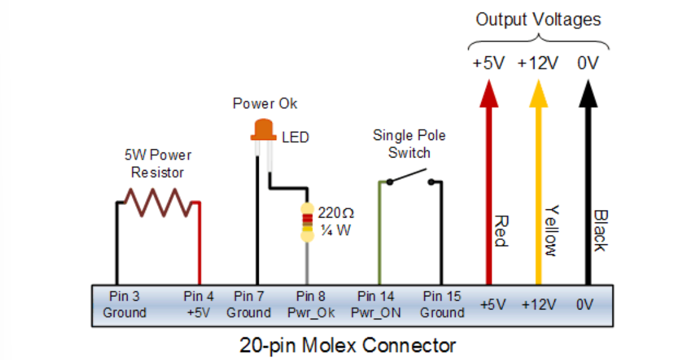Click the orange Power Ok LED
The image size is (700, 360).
[262, 129]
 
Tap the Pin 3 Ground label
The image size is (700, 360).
[124, 304]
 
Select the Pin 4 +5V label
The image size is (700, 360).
[199, 304]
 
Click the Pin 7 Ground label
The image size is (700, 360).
[249, 304]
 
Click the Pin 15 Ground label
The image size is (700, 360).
[442, 304]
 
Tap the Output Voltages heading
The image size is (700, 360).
[538, 19]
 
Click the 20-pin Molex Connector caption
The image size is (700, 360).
[348, 345]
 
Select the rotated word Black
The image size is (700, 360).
[599, 231]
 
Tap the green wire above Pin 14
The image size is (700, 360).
[379, 237]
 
